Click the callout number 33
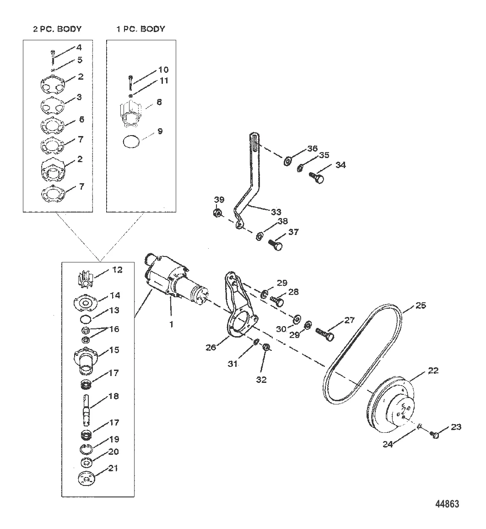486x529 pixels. [276, 212]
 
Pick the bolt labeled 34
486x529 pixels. [317, 177]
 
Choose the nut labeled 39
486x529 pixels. [218, 213]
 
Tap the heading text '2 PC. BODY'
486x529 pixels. [57, 29]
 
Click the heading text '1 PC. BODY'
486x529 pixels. [141, 29]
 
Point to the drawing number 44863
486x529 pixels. [447, 504]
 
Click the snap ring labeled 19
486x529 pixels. [86, 449]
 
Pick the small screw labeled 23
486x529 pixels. [435, 435]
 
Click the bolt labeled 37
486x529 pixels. [275, 245]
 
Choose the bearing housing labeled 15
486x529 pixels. [86, 362]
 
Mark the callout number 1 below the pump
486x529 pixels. [171, 325]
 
